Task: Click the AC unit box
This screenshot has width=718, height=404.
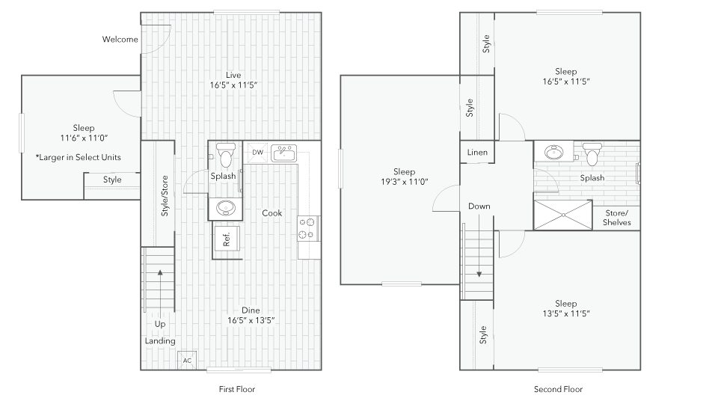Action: coord(187,360)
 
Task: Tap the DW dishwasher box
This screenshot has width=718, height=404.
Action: coord(257,153)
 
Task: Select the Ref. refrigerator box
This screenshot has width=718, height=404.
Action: coord(227,239)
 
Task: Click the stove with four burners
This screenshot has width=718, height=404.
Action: coord(308,227)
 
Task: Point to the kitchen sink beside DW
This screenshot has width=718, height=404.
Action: coord(283,153)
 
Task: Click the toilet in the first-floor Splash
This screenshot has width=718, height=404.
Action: coord(224,153)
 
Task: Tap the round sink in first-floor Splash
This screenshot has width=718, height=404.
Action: coord(224,207)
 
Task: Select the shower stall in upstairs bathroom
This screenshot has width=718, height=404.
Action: coord(562,215)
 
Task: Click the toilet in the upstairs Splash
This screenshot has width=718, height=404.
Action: coord(592,153)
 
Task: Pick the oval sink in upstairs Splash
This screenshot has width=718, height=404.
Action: coord(555,153)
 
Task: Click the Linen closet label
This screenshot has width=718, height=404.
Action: coord(477,153)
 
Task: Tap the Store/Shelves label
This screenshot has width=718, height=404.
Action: coord(617,218)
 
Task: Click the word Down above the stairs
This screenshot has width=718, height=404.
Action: coord(479,206)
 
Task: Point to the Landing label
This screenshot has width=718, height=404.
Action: coord(160,341)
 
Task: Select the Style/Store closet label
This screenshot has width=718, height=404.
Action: coord(165,196)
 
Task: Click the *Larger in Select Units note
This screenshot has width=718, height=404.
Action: coord(78,158)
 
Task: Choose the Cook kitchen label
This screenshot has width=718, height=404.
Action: coord(271,213)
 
